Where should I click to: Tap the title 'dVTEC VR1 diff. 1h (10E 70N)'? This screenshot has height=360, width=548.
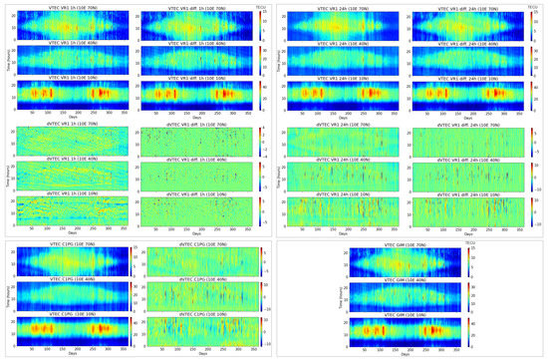point(197,124)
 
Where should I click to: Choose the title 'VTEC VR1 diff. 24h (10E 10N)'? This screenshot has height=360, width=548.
point(469,80)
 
